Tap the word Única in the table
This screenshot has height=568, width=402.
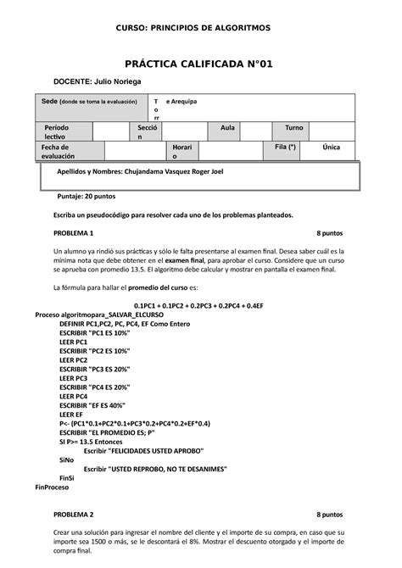[x=331, y=147]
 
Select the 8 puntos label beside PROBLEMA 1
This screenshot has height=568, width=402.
[x=329, y=232]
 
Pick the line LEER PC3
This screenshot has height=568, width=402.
[x=74, y=378]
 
